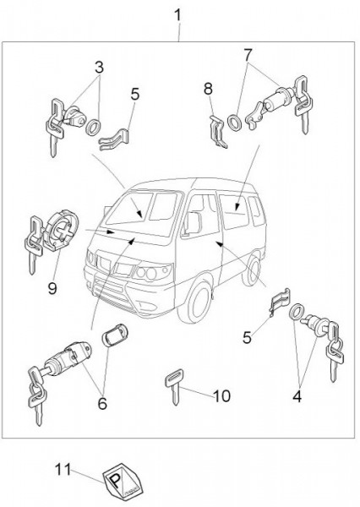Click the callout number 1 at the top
[177, 15]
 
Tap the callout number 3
[99, 68]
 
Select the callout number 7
[248, 55]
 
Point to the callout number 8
[208, 89]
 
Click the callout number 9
[52, 288]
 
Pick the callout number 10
[222, 395]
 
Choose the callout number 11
[63, 470]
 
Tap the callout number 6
[102, 404]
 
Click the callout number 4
[297, 396]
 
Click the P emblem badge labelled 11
[123, 482]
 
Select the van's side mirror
[193, 223]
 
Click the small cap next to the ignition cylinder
[115, 335]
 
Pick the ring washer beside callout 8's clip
[234, 123]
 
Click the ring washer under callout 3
[94, 128]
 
